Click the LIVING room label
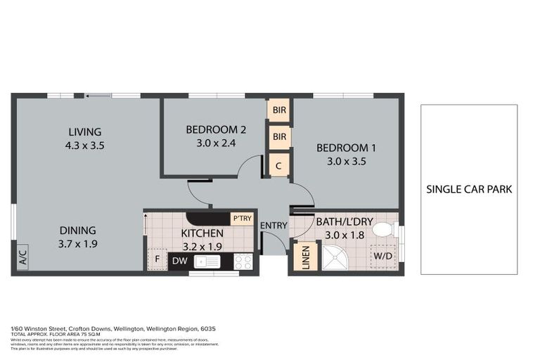pos(84,131)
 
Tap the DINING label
pos(78,230)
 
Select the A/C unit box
pos(21,255)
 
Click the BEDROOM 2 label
pos(215,129)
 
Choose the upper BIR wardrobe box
pos(279,110)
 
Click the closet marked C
pos(279,165)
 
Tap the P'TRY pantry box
pos(242,218)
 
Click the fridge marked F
pos(156,259)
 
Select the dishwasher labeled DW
pos(179,262)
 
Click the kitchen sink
pos(209,262)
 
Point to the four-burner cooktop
pos(243,262)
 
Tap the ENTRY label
pos(273,225)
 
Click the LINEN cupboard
pos(305,257)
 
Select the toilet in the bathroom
pos(384,229)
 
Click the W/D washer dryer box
pos(383,256)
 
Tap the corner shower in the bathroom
pos(334,257)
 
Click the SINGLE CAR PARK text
pos(469,189)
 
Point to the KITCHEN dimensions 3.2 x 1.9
pos(202,247)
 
